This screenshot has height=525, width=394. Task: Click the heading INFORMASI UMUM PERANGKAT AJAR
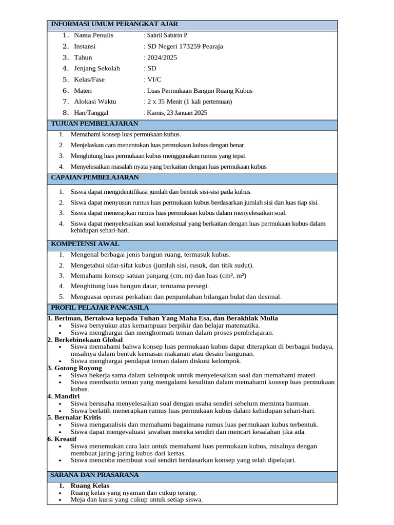(114, 24)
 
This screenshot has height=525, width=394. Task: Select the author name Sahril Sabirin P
(167, 35)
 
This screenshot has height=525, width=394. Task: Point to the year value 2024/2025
(162, 58)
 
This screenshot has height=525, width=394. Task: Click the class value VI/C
(154, 80)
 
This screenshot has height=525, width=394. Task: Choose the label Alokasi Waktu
(95, 102)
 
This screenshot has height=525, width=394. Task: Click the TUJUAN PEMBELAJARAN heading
(94, 124)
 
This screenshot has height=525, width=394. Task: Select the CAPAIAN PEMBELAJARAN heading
(95, 177)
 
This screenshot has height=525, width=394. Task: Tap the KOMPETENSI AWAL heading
(85, 244)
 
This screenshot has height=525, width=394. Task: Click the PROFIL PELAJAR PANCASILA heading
(100, 308)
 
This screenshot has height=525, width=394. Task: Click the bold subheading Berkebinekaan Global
(88, 340)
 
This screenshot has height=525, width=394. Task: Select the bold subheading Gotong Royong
(77, 368)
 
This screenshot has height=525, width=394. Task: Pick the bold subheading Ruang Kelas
(90, 486)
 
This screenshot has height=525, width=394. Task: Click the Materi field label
(83, 91)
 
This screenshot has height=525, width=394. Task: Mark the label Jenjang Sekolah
(97, 69)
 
